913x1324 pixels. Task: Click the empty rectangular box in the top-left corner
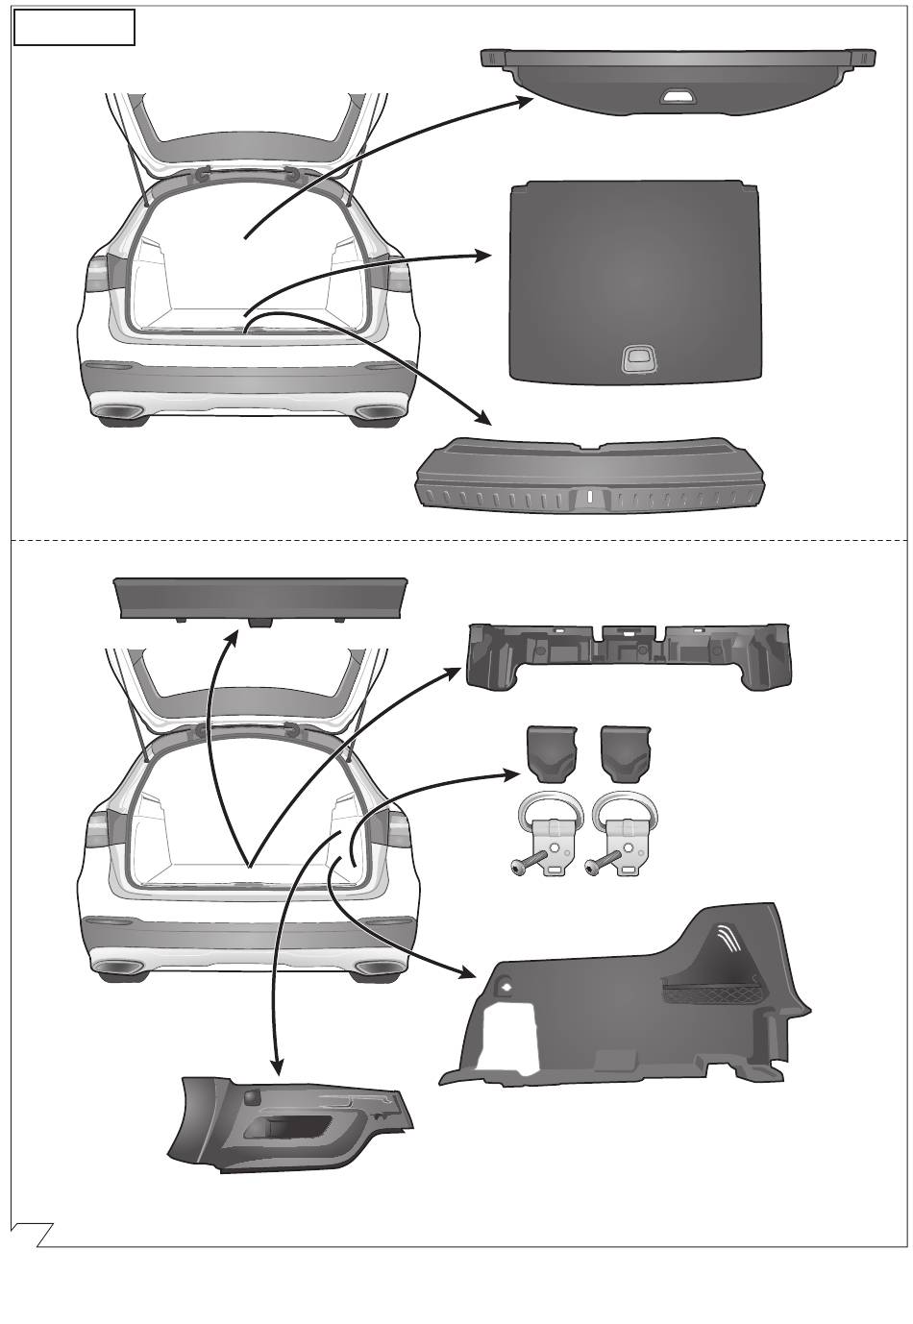tap(74, 28)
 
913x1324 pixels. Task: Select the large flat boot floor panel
tap(634, 279)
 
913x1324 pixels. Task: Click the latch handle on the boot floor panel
tap(636, 358)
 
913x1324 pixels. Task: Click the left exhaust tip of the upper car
tap(118, 413)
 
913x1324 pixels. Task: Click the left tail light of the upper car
tap(98, 276)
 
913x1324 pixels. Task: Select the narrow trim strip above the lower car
tap(260, 598)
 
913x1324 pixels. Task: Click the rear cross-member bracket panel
tap(629, 654)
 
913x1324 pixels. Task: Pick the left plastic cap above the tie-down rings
tap(551, 752)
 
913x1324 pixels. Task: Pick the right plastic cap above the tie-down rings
tap(626, 752)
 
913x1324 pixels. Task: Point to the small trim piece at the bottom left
tap(288, 1124)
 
